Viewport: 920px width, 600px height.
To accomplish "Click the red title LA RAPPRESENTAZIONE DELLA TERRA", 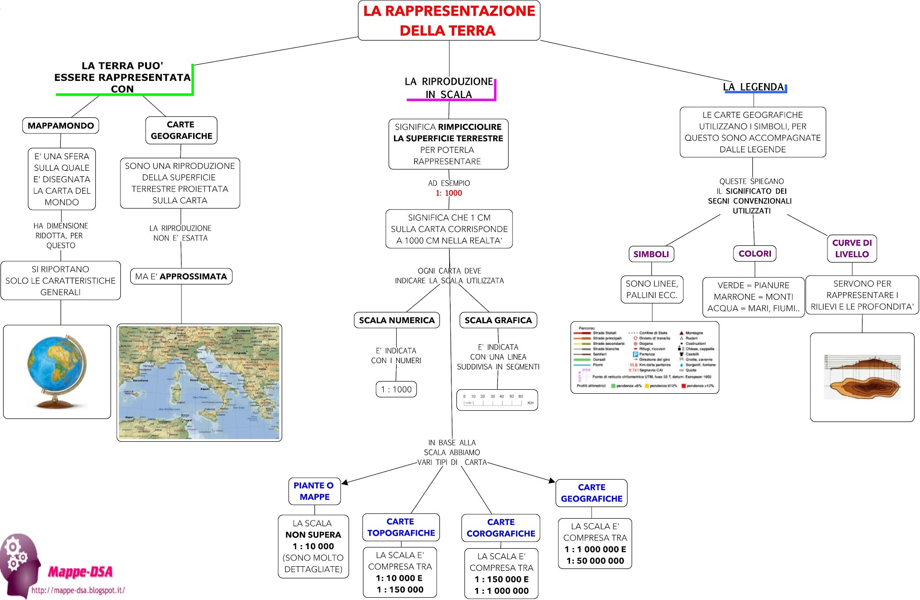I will [449, 21].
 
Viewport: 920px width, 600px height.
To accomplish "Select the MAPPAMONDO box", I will [61, 125].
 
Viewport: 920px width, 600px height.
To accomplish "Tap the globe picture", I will [57, 372].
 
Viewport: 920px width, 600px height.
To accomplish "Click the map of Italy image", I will [199, 382].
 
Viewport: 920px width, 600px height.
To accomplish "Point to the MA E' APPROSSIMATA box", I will [181, 276].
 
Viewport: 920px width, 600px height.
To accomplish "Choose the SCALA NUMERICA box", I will [397, 320].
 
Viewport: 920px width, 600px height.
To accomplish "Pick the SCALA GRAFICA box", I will [498, 320].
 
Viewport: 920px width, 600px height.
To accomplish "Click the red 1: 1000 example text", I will [449, 193].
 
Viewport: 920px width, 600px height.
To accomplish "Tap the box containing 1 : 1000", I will [396, 389].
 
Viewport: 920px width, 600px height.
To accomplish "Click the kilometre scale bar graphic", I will [497, 400].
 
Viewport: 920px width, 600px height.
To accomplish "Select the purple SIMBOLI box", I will [651, 254].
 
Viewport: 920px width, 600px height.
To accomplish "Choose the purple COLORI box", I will [755, 253].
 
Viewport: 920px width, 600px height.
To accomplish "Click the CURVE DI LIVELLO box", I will [852, 248].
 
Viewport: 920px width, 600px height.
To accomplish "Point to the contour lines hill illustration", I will [862, 377].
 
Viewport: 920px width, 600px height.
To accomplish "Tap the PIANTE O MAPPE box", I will [314, 491].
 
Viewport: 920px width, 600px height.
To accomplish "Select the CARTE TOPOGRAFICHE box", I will [401, 527].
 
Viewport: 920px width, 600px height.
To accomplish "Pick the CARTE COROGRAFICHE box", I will [500, 528].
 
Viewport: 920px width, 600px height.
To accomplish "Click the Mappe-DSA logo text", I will [80, 572].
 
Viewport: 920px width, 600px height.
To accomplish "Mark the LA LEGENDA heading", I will [753, 87].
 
